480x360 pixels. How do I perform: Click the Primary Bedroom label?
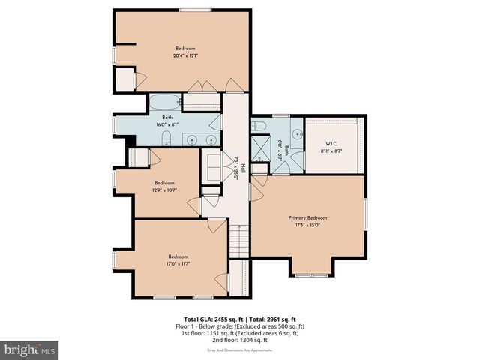[307, 218]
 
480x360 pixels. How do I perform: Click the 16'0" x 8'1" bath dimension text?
[166, 124]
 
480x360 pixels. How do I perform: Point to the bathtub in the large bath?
[163, 103]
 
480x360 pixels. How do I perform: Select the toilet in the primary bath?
[259, 126]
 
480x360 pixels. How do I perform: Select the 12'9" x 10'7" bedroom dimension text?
[165, 190]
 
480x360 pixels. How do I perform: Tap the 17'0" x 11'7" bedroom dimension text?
[178, 262]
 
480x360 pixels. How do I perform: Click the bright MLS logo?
[30, 349]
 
